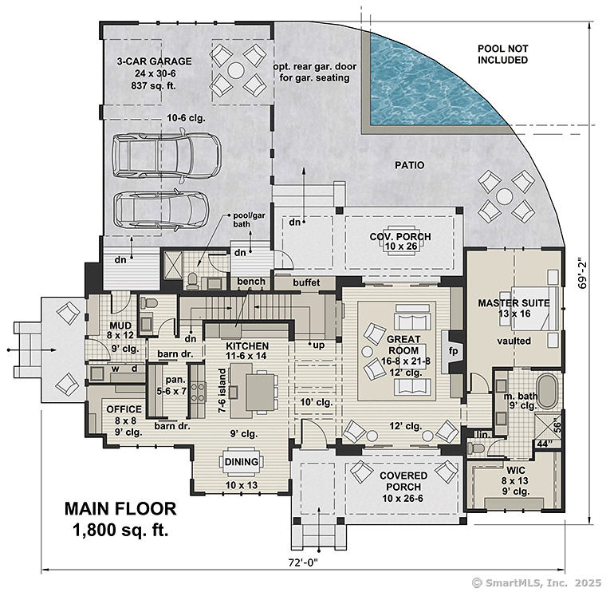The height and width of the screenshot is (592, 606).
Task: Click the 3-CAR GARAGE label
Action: point(154,61)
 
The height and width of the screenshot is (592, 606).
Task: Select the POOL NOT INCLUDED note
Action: point(502,54)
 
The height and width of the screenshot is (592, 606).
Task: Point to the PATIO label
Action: point(409,165)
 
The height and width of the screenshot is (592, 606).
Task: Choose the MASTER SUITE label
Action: point(514,302)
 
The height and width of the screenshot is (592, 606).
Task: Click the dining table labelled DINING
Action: point(242,462)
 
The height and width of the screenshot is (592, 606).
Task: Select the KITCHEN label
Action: point(247,346)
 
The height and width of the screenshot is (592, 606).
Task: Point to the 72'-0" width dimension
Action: point(303,562)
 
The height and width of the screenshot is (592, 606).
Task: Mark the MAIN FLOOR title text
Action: point(120,508)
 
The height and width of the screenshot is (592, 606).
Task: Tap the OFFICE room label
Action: point(124,409)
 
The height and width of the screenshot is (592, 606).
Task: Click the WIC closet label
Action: point(516,470)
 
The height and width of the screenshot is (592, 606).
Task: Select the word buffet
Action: point(306,282)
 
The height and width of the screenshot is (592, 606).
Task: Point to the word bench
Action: point(251,282)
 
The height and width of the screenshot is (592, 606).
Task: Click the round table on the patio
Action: point(505,196)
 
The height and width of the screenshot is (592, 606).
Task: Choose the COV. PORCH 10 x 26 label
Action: point(400,241)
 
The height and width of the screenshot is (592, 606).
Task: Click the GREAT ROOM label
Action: point(403,345)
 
